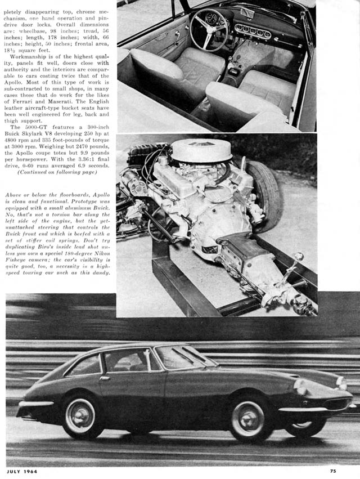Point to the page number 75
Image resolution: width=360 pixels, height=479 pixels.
pos(333,472)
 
